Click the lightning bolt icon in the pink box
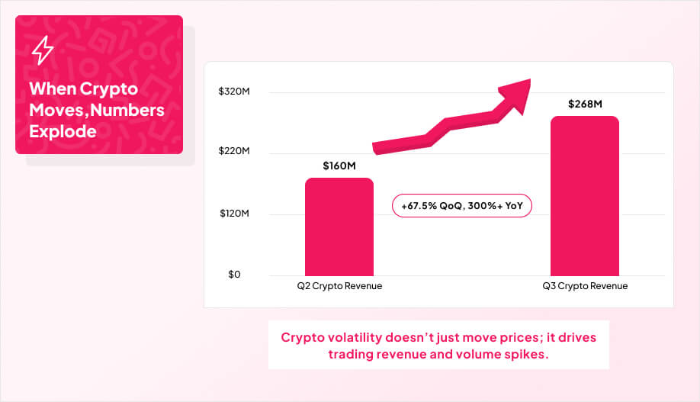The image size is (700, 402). pyautogui.click(x=43, y=50)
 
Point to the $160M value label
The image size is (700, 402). pyautogui.click(x=339, y=166)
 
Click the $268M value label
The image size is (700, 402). pyautogui.click(x=585, y=104)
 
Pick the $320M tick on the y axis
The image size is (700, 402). pyautogui.click(x=234, y=92)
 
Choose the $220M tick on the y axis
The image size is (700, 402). pyautogui.click(x=234, y=153)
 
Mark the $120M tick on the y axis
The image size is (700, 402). pyautogui.click(x=234, y=214)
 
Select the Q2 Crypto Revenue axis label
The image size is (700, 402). pyautogui.click(x=339, y=286)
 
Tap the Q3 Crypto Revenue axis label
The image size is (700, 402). pyautogui.click(x=585, y=286)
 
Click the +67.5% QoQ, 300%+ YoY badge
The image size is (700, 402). pyautogui.click(x=461, y=206)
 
